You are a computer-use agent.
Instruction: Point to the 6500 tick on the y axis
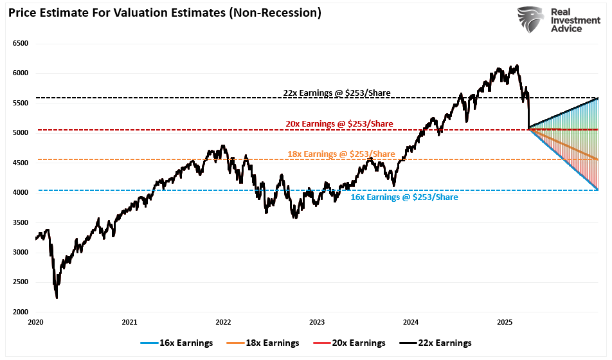[x=21, y=44]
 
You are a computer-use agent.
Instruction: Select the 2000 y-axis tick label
[x=21, y=312]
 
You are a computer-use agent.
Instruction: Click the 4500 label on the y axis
[x=21, y=163]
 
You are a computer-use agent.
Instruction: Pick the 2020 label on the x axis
[x=35, y=322]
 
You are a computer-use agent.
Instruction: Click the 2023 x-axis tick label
[x=317, y=322]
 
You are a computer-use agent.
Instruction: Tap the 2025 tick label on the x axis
[x=505, y=322]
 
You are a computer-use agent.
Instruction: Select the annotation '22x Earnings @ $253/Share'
[x=337, y=93]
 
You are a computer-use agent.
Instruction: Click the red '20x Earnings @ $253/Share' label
[x=339, y=123]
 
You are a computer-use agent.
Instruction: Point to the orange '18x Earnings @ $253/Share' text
[x=341, y=154]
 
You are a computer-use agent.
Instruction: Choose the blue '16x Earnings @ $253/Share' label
[x=404, y=197]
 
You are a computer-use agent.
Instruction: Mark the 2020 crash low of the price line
[x=57, y=298]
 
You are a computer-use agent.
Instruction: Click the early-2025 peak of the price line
[x=517, y=65]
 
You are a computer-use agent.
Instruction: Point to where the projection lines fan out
[x=528, y=129]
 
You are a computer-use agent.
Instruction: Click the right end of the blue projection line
[x=598, y=189]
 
